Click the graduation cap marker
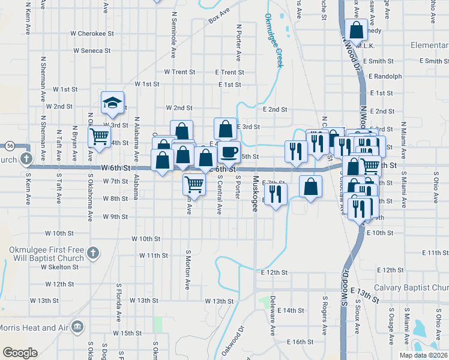click(112, 103)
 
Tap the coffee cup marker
click(228, 151)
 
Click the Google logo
click(20, 353)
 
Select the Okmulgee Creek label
click(274, 41)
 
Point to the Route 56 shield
click(10, 146)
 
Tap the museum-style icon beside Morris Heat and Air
click(77, 326)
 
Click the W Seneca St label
click(92, 51)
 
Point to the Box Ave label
click(219, 16)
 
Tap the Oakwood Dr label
click(233, 341)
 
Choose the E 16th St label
click(300, 341)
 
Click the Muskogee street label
click(255, 193)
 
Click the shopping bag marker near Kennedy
click(357, 29)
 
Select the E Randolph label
click(385, 76)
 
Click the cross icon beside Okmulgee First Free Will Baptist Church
click(92, 253)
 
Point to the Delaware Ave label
click(273, 314)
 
